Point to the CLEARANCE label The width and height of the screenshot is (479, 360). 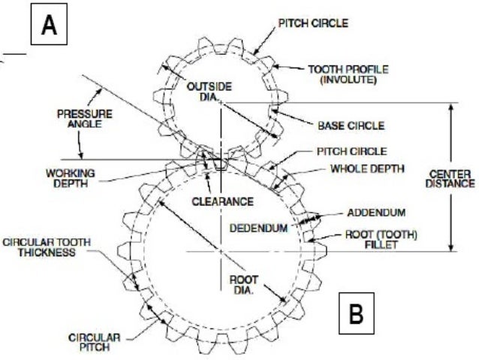(x=221, y=201)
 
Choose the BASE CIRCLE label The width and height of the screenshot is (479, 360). (x=351, y=125)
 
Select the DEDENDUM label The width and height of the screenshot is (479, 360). (x=258, y=227)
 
